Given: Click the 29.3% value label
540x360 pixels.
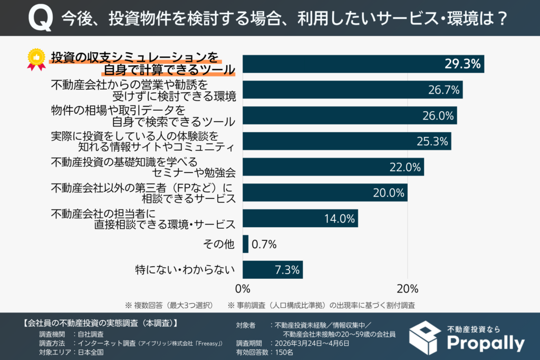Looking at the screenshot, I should (x=462, y=64).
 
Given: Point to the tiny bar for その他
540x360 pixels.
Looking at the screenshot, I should (x=245, y=244).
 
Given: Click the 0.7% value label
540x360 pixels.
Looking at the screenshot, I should (x=264, y=245).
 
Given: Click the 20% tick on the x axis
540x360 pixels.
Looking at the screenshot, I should (x=407, y=289).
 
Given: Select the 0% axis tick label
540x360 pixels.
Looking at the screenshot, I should (x=242, y=289).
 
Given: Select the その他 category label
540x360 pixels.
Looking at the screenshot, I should (x=219, y=245).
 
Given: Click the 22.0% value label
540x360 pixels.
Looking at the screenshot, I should (x=404, y=167).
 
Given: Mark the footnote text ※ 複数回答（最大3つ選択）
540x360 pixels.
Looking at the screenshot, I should (x=168, y=305).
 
